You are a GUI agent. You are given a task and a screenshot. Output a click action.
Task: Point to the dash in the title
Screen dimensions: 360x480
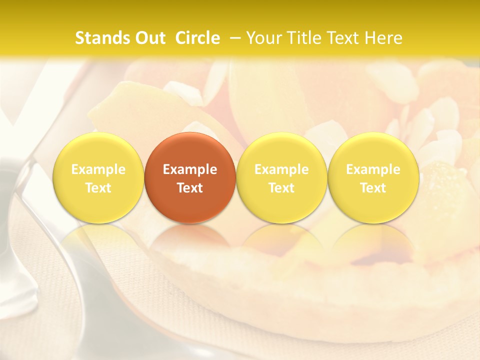[x=235, y=38]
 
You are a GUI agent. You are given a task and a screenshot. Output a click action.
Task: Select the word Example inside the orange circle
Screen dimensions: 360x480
[x=190, y=169]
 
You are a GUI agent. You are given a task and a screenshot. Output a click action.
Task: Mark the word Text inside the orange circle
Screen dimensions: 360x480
[x=190, y=188]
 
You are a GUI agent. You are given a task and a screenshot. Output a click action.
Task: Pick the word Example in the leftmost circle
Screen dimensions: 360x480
[x=98, y=169]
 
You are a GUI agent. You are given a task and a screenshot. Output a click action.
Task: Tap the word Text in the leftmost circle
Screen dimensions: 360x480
[x=98, y=188]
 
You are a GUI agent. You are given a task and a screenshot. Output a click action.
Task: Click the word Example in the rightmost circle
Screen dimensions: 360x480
[x=373, y=169]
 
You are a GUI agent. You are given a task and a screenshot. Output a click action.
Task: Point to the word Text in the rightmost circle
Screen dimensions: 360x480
[x=373, y=188]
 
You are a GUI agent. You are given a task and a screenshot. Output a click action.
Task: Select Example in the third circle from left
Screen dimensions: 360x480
[x=281, y=169]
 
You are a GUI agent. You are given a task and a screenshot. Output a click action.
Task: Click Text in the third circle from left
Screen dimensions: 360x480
[x=281, y=188]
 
